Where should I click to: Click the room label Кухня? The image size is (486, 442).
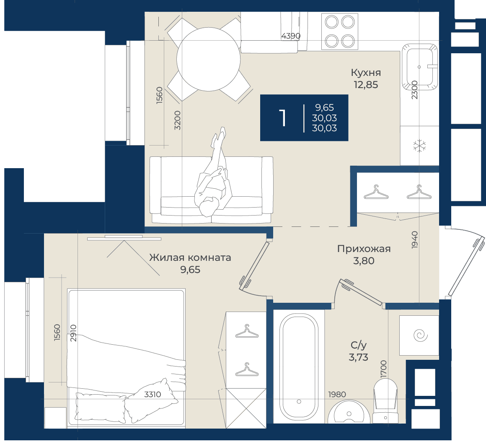(x=366, y=73)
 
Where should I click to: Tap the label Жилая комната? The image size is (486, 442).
(x=190, y=257)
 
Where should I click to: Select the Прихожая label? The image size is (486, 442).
(x=364, y=249)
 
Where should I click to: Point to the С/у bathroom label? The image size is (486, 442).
(x=359, y=345)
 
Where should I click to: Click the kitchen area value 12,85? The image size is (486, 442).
(x=366, y=85)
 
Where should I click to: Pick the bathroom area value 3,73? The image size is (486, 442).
(x=359, y=357)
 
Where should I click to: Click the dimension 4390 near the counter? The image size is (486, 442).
(x=291, y=36)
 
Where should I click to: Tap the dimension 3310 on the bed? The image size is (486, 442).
(x=153, y=394)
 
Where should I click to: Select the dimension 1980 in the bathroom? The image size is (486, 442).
(x=337, y=394)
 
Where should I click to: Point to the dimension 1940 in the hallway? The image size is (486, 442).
(x=414, y=239)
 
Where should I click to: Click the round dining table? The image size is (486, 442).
(x=208, y=59)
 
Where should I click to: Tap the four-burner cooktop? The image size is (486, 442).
(x=340, y=31)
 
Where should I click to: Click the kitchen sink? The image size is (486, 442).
(x=420, y=67)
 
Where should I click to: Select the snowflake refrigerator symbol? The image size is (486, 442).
(x=420, y=146)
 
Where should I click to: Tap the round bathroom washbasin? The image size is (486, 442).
(x=349, y=412)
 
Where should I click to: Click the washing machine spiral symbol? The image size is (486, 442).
(x=420, y=335)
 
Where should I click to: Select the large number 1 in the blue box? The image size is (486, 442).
(x=282, y=118)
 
